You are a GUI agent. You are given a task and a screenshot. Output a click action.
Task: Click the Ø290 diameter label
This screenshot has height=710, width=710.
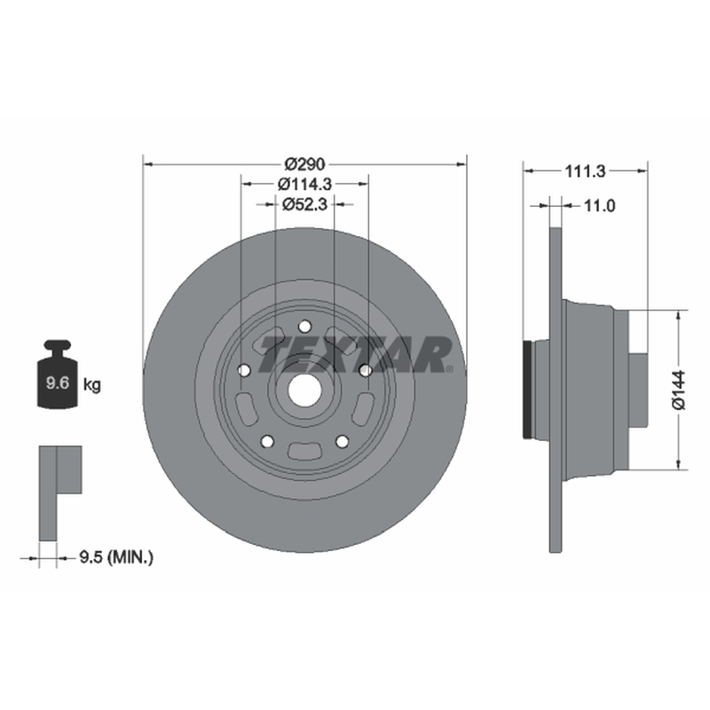[x=304, y=164]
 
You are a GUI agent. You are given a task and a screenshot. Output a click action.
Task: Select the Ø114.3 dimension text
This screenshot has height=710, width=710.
[x=304, y=184]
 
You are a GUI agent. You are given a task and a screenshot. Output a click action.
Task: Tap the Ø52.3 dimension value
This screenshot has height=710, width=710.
[x=304, y=204]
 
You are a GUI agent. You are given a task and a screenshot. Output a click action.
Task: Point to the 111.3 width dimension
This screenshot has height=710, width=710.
[x=585, y=171]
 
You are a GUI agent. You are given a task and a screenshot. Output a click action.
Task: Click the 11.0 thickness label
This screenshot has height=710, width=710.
[x=599, y=206]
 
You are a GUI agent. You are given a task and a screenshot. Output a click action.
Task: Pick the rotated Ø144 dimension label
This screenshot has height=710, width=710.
[x=679, y=390]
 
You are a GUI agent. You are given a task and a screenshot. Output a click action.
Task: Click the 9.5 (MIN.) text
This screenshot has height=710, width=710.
[x=116, y=557]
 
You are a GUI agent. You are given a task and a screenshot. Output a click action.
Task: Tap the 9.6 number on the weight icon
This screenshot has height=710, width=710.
[x=58, y=383]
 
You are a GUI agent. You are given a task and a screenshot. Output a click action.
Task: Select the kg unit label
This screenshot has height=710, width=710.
[x=92, y=385]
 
